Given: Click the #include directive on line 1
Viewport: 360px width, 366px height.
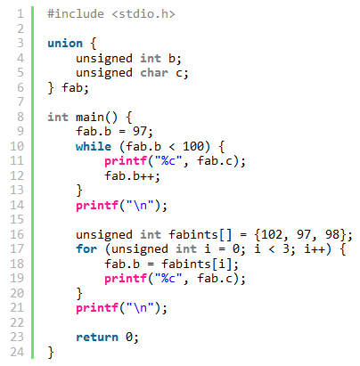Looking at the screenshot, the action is pos(76,14).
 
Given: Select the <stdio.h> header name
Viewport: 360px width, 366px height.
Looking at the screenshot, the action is pos(143,14).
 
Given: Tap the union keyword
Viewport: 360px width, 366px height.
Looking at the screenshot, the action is pos(65,44).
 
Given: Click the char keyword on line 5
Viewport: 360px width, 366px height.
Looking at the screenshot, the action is pos(154,73).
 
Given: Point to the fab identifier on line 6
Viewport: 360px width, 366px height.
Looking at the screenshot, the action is pos(72,87).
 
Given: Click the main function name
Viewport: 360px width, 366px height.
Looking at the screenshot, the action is pos(90,117).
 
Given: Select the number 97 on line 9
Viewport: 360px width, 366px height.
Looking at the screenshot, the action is pos(140,132).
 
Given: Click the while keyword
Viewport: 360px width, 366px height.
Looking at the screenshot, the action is pos(94,146).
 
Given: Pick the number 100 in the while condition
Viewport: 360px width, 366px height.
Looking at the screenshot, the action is pos(193,146).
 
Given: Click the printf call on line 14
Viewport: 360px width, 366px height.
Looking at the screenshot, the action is pos(97,206).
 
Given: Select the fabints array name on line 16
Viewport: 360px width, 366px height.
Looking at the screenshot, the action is pos(193,234).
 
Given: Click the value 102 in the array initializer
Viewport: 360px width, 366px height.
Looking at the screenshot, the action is pos(272,234).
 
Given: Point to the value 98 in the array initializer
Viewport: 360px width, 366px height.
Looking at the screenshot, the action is pos(332,234).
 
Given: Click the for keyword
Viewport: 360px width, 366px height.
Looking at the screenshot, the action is pos(86,249).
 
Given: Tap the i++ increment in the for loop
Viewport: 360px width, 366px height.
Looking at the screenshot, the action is pos(315,249).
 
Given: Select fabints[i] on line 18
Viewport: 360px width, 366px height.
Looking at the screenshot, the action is pos(196,264).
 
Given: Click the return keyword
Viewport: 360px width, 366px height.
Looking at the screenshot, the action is pos(97,338).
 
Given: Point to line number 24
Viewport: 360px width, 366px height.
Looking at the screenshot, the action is pos(17,352).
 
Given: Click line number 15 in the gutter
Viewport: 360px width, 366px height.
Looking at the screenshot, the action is pos(17,220).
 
